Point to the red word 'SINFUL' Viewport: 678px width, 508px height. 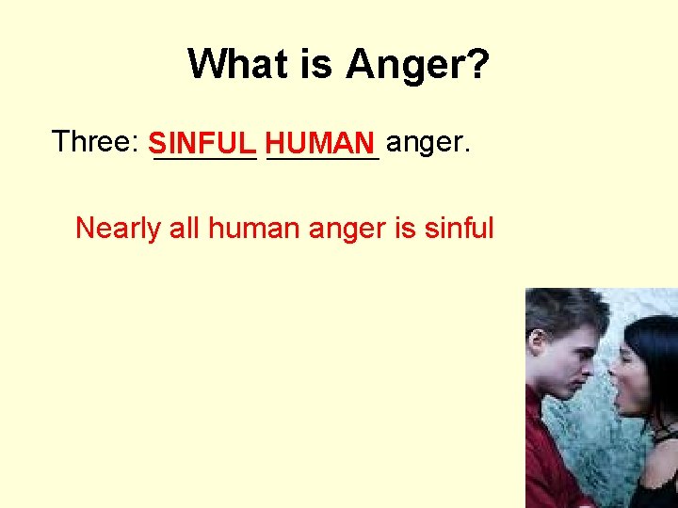pyautogui.click(x=202, y=145)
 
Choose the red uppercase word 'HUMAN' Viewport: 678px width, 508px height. pyautogui.click(x=321, y=145)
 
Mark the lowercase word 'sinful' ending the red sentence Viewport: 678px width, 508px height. pyautogui.click(x=460, y=228)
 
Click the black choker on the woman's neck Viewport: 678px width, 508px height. pyautogui.click(x=664, y=435)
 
